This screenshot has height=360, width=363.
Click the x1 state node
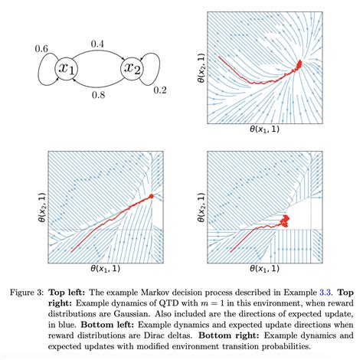[x=67, y=70]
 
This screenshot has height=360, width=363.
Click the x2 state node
[x=133, y=70]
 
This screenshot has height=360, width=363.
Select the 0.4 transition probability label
[x=100, y=45]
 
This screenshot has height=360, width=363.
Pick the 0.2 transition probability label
[x=159, y=90]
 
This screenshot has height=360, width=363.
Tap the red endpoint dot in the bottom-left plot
[x=152, y=196]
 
